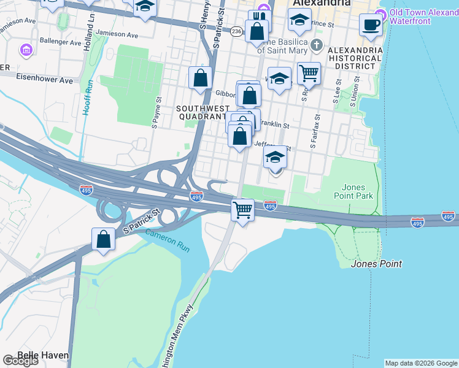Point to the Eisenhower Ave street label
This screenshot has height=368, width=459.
coord(44,80)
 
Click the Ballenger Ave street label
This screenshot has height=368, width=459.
coord(58,44)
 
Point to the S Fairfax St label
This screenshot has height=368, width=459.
coord(314,131)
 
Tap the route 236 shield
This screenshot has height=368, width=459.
coord(237,31)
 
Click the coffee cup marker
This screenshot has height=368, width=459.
coord(371,25)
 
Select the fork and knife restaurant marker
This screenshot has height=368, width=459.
coord(260,19)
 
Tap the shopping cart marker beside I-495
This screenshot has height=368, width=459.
coord(243,210)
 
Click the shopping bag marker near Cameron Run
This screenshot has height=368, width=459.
coord(104,239)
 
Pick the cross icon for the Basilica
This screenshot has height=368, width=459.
coord(315,45)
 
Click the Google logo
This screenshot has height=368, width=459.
coord(20,361)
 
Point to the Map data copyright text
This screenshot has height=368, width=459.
coord(421,363)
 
